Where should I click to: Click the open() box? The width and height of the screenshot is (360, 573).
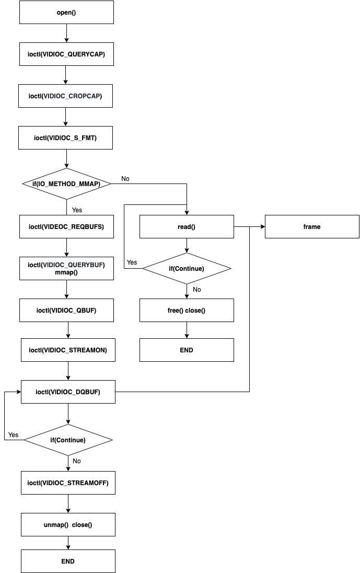pos(66,12)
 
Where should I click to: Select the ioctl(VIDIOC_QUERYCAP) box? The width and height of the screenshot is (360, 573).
pos(66,54)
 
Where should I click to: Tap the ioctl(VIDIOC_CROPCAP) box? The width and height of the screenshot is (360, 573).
pos(66,96)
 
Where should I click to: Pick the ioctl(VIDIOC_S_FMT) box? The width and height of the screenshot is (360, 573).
pos(66,138)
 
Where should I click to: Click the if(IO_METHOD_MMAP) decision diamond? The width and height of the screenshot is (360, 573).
pos(66,184)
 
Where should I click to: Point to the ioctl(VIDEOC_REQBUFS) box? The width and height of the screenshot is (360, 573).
pos(66,227)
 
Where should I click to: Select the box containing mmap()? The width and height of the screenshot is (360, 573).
pos(66,269)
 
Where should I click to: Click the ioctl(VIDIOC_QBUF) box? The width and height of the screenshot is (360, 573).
pos(66,311)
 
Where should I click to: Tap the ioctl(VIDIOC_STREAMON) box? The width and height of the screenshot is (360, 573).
pos(68,350)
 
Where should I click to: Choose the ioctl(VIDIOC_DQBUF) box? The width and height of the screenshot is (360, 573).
pos(68,392)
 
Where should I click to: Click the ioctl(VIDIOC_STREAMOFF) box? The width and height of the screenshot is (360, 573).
pos(68,483)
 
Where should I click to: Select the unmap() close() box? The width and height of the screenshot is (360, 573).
pos(68,524)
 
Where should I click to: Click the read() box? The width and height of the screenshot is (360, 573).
pos(187,227)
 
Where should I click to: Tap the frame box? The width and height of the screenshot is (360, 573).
pos(312,227)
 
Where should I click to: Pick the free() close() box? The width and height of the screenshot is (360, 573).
pos(187,311)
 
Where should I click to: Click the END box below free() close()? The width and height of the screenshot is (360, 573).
pos(187,350)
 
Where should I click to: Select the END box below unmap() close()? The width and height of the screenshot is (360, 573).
pos(68,561)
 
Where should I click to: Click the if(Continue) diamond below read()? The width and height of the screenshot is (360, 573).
pos(187,269)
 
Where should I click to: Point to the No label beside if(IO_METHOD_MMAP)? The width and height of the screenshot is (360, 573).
pos(125,179)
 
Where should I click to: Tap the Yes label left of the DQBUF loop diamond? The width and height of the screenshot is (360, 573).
pos(14,435)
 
